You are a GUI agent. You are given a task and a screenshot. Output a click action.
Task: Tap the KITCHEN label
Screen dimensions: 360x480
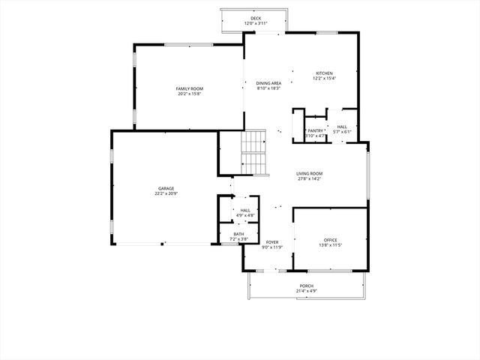324,73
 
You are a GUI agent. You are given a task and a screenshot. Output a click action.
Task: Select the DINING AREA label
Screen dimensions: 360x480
268,83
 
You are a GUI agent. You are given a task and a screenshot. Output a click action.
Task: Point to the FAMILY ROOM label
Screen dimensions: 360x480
190,88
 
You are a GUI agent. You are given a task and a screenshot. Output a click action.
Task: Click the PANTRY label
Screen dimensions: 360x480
315,131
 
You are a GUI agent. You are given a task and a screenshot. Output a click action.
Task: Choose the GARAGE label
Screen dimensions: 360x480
166,188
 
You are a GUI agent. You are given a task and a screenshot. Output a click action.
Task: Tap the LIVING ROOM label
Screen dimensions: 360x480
309,173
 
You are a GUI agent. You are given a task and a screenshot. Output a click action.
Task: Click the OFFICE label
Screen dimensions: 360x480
331,240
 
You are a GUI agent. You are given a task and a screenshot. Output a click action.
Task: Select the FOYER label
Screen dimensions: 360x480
272,242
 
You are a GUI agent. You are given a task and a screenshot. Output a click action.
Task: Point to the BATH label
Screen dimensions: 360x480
238,234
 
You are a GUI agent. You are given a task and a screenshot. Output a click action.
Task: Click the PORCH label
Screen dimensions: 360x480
307,286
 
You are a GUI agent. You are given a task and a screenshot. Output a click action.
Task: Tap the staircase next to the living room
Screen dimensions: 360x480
254,152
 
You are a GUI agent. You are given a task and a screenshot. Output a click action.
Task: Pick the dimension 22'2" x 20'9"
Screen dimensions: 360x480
166,193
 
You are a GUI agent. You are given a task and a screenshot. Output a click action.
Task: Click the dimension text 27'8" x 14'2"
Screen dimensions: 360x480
309,178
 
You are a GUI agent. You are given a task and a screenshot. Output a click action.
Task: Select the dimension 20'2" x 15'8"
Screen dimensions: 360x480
190,94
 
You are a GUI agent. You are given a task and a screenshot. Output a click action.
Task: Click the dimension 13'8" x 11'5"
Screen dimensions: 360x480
331,245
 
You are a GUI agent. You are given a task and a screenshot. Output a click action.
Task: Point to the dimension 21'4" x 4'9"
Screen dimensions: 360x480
307,291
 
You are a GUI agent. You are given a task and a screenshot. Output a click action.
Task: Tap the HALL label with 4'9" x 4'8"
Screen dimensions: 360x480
245,210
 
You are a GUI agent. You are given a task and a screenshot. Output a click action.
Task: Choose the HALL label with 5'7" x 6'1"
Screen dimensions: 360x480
342,127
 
